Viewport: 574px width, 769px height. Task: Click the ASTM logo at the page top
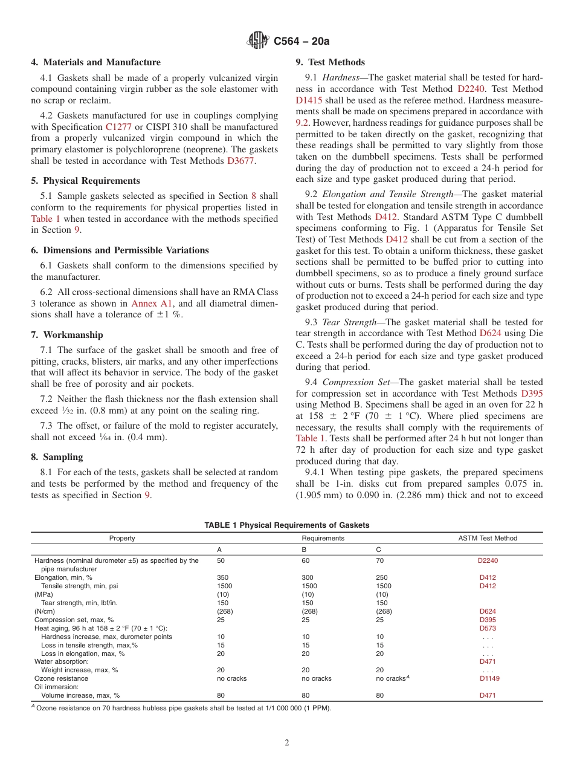[259, 41]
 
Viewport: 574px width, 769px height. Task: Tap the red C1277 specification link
[118, 127]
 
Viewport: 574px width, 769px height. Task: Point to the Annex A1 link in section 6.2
[148, 303]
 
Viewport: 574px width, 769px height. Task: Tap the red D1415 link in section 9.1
[309, 100]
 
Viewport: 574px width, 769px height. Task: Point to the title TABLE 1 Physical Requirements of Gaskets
[286, 525]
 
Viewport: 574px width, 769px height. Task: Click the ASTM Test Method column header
[488, 538]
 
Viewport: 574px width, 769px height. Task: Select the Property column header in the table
[122, 538]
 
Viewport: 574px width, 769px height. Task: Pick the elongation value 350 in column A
[222, 577]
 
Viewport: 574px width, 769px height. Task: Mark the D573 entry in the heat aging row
[488, 628]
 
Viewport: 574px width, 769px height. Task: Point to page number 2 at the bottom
[287, 743]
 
